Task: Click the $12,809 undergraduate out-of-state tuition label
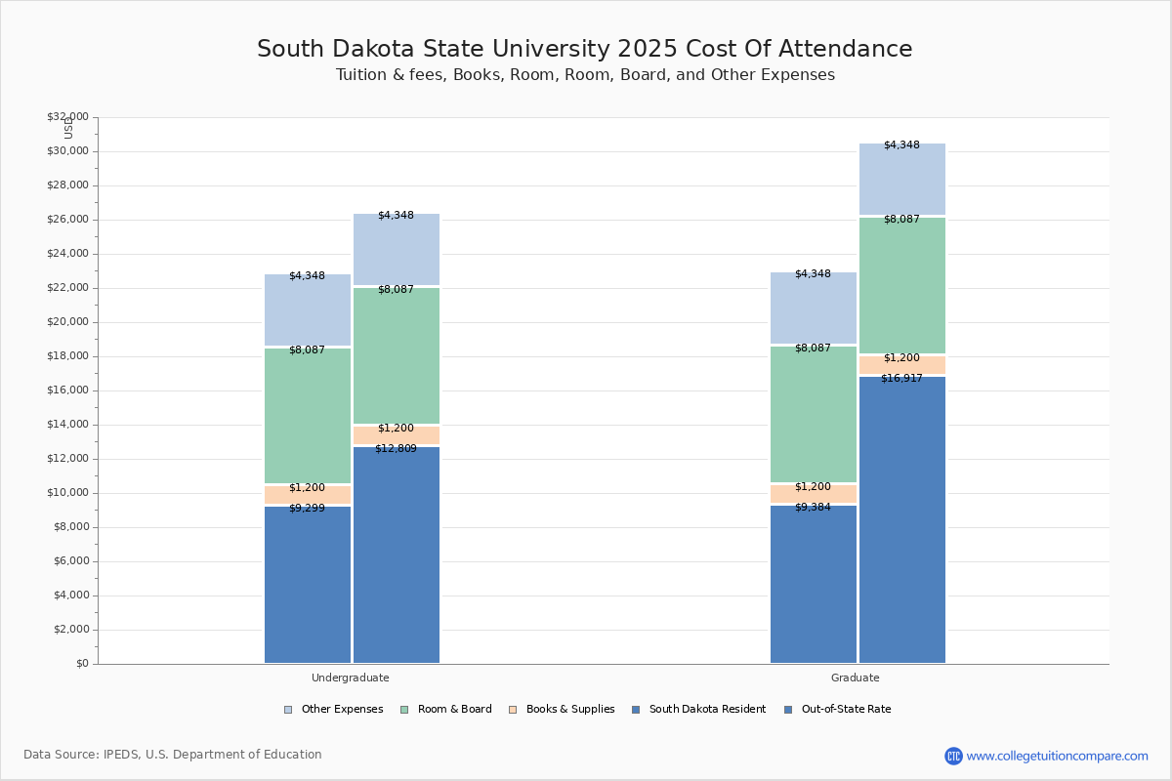click(x=396, y=449)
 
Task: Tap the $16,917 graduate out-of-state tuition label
click(x=901, y=379)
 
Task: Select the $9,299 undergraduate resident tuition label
click(x=307, y=509)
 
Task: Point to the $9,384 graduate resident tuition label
click(x=813, y=508)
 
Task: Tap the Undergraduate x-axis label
click(x=351, y=678)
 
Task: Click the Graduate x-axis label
click(x=856, y=678)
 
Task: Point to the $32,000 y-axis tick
click(x=67, y=117)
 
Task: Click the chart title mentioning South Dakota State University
click(x=584, y=50)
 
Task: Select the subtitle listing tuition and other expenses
click(x=585, y=75)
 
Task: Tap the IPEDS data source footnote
click(x=173, y=755)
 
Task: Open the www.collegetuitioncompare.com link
click(x=1057, y=756)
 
